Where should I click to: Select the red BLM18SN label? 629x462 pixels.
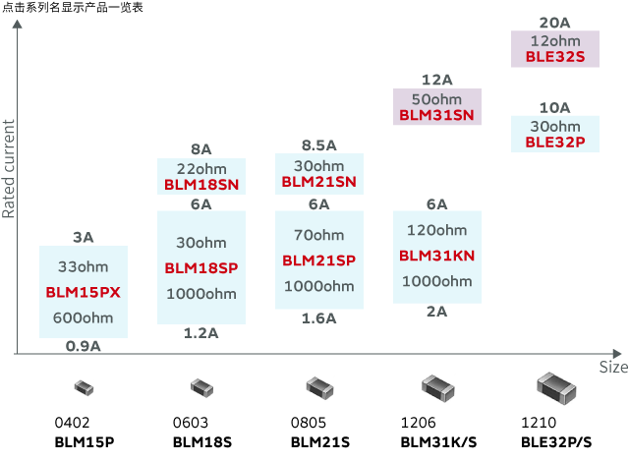pyautogui.click(x=201, y=184)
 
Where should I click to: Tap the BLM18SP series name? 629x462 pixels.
pyautogui.click(x=201, y=267)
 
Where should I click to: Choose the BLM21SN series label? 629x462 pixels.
pyautogui.click(x=318, y=182)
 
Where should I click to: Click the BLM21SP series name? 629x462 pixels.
pyautogui.click(x=318, y=260)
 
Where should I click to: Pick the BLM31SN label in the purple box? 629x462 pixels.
pyautogui.click(x=436, y=115)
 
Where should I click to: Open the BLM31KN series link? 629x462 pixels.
pyautogui.click(x=436, y=256)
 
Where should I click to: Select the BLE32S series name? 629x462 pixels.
pyautogui.click(x=555, y=57)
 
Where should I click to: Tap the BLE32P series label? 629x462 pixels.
pyautogui.click(x=555, y=142)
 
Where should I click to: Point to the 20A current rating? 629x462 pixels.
pyautogui.click(x=555, y=23)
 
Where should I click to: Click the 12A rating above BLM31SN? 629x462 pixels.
pyautogui.click(x=436, y=80)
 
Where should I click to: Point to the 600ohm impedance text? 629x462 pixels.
pyautogui.click(x=83, y=317)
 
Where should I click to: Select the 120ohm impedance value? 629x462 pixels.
pyautogui.click(x=436, y=230)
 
